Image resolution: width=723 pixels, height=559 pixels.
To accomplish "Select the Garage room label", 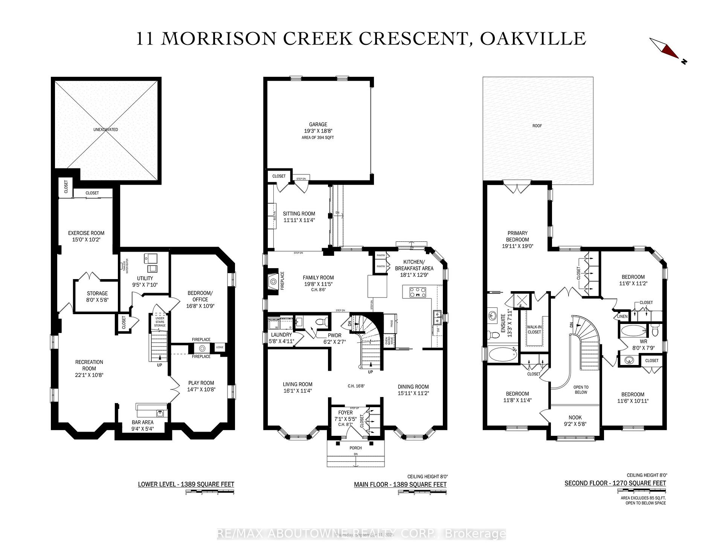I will pos(318,124).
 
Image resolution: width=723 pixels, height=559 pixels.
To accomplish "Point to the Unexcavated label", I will pos(106,130).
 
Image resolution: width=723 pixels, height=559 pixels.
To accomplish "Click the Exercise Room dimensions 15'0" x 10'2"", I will pos(86,240).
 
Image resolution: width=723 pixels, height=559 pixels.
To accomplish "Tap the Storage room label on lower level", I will pos(97,293).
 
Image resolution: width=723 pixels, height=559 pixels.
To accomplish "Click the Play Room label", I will pos(201,383).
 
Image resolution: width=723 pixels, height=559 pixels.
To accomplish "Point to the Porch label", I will pos(355,448).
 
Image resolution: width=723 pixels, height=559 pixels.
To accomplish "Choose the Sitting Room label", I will pos(299,214).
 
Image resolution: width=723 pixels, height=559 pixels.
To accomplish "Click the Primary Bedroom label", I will pos(517,236).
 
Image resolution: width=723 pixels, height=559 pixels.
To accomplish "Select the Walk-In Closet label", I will pos(534,330).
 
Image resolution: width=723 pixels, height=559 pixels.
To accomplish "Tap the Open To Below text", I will pos(581,389).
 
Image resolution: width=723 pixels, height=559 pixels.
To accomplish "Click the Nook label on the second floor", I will pos(575,417).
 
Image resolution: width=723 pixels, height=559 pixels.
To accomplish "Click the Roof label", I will pos(537,126).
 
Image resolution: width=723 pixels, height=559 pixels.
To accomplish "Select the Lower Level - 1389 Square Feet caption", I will pos(186,484).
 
